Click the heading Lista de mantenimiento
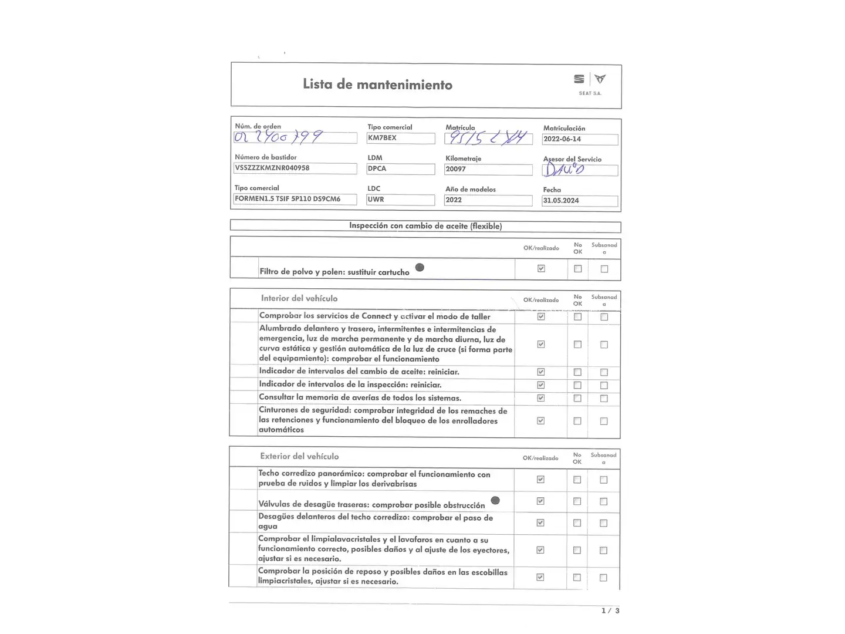(x=377, y=85)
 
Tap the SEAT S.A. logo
(x=590, y=83)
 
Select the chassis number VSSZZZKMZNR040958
(x=272, y=168)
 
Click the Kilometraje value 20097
(x=456, y=169)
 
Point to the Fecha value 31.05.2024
(x=561, y=201)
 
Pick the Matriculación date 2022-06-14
(x=562, y=139)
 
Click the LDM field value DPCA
(x=377, y=168)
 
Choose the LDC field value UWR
(x=376, y=200)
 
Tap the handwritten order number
(x=278, y=137)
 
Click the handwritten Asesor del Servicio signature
(x=564, y=170)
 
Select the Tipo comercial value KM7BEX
(x=382, y=138)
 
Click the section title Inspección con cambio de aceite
(x=425, y=226)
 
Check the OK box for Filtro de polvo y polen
(x=541, y=269)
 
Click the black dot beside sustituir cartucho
(x=420, y=268)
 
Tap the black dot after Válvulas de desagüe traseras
(x=495, y=501)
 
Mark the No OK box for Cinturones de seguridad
(x=577, y=421)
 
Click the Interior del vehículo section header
(x=299, y=298)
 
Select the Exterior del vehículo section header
(x=299, y=456)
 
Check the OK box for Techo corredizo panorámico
(x=540, y=480)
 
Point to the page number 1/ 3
(x=610, y=611)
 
